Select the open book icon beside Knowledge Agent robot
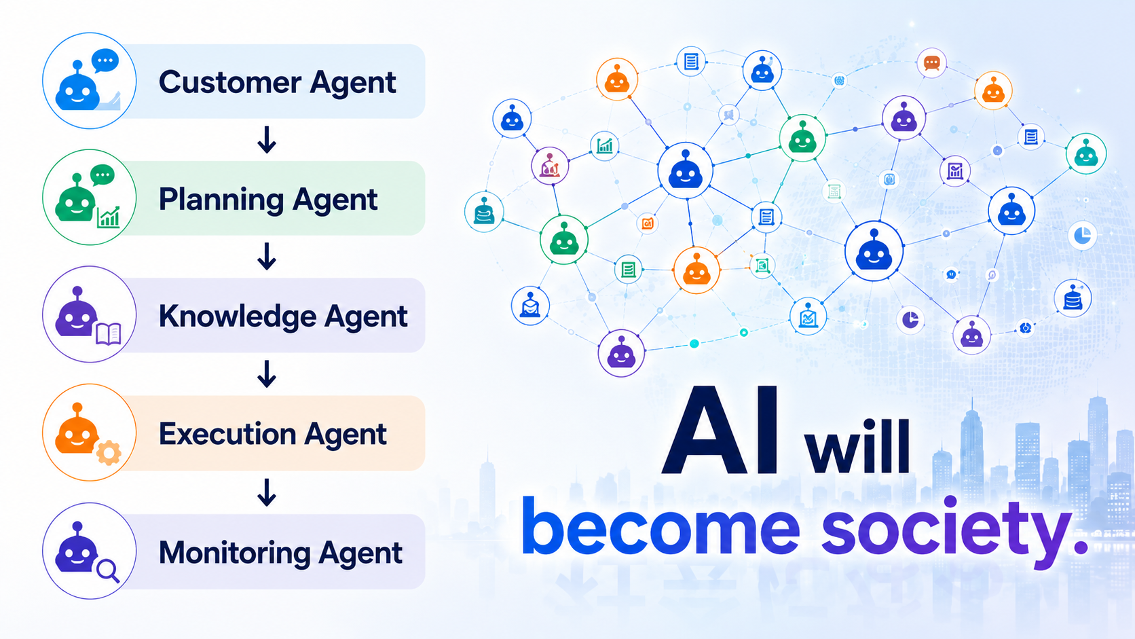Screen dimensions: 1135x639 (109, 334)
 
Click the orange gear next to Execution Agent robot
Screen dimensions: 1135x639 (109, 452)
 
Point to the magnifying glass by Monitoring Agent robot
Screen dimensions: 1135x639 (108, 570)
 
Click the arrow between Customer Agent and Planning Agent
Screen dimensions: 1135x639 (267, 139)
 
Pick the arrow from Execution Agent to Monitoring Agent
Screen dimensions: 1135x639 (267, 492)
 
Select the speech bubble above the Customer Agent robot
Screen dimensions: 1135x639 (105, 61)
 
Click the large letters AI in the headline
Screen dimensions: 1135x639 (720, 431)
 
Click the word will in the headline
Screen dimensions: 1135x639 (858, 445)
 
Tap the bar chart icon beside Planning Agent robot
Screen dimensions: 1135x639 (109, 217)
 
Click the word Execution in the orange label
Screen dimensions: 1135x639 (227, 435)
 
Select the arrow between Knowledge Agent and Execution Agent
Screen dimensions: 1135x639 (267, 374)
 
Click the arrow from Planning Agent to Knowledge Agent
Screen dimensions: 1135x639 (267, 256)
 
